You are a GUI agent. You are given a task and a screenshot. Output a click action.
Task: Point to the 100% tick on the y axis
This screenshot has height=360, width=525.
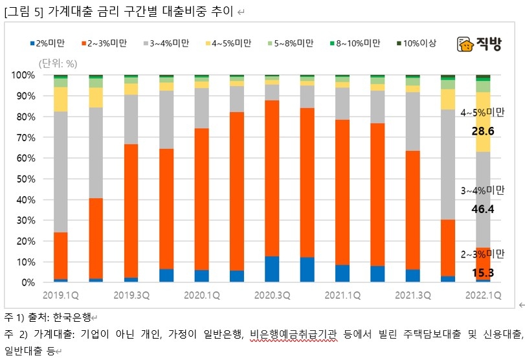[24, 75]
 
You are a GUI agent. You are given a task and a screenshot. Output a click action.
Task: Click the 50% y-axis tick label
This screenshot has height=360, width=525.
[26, 179]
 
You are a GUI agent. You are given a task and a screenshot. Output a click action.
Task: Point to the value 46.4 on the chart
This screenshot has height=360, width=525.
[483, 209]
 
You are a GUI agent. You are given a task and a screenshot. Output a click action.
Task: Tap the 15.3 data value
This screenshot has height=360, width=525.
[483, 272]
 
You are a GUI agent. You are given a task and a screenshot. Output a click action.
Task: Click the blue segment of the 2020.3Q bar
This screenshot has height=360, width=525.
[272, 269]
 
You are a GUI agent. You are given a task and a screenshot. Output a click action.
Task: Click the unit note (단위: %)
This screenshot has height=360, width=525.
[58, 63]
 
